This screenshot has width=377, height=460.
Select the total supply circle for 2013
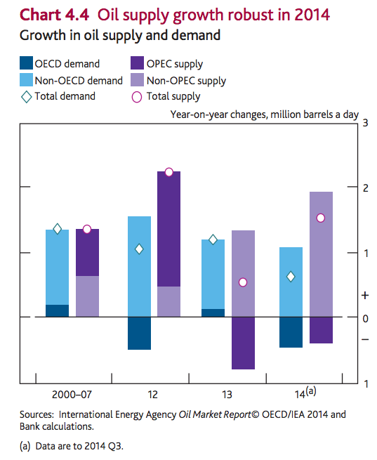point(243,282)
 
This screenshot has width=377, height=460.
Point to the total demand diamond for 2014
point(291,277)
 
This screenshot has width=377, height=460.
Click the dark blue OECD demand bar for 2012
point(139,334)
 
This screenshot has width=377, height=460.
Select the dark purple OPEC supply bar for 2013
point(243,343)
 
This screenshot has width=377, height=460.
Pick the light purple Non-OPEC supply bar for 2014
point(321,254)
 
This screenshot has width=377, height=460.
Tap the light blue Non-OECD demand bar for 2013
point(213,275)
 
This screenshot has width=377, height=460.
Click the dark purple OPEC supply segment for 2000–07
point(87,253)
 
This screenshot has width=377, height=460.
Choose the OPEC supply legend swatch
point(137,63)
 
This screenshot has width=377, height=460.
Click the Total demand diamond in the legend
point(27,97)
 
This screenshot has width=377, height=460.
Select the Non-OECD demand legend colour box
point(26,80)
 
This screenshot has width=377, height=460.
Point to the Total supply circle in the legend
point(137,97)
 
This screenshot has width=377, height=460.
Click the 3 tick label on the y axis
point(365,123)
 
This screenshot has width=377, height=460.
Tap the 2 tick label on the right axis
point(365,188)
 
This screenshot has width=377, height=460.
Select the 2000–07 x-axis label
point(72,395)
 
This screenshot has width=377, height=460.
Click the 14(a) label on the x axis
point(305,393)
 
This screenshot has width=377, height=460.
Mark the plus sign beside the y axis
point(365,296)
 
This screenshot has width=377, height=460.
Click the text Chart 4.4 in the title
point(54,15)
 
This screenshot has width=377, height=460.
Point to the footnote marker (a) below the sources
point(25,446)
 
